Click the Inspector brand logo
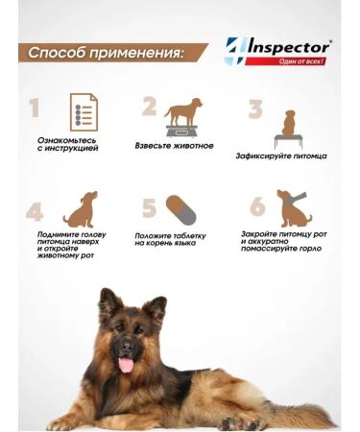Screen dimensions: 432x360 click(x=277, y=51)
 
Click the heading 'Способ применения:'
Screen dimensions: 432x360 click(x=106, y=52)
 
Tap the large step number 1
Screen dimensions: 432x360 click(x=35, y=108)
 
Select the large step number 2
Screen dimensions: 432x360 click(x=149, y=106)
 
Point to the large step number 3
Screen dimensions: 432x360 click(x=254, y=108)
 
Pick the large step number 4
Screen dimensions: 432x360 click(x=35, y=211)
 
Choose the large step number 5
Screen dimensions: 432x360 click(x=149, y=209)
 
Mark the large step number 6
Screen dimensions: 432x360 click(x=256, y=207)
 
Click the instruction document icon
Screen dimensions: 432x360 click(x=84, y=112)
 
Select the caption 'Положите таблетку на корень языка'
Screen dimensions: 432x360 click(x=168, y=239)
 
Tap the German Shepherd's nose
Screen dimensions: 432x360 click(x=124, y=340)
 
